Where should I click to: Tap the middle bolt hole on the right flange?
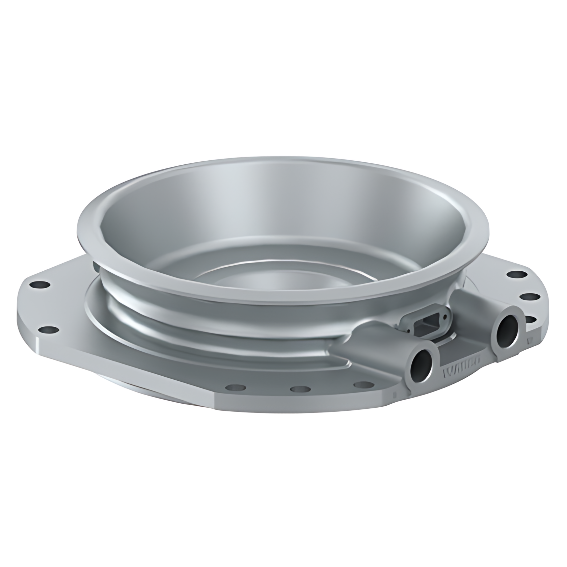click(x=528, y=297)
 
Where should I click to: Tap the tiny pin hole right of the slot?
click(x=448, y=316)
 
